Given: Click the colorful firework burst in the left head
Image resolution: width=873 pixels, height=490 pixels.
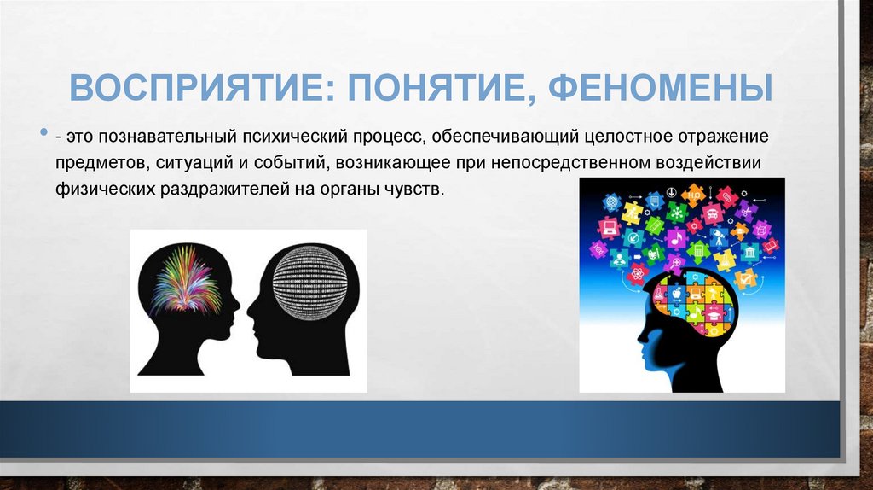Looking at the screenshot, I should point(182,281).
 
